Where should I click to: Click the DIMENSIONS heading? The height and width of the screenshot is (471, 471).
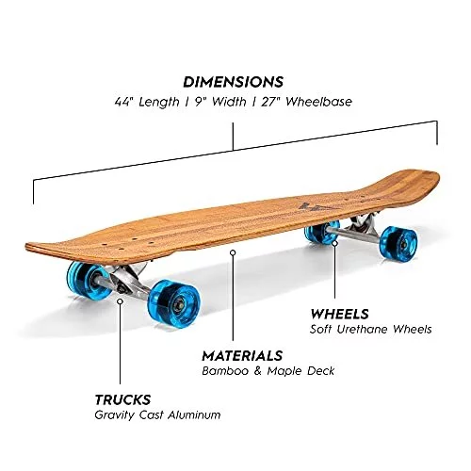tap(233, 82)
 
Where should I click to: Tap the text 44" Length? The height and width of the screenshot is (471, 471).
tap(147, 102)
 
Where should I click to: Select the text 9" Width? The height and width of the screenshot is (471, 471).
tap(220, 102)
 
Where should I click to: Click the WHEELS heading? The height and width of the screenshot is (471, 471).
tap(339, 314)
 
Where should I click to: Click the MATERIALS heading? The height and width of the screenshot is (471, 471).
tap(242, 356)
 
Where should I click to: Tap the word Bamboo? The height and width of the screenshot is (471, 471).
tap(225, 371)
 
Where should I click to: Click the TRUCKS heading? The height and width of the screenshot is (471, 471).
tap(122, 399)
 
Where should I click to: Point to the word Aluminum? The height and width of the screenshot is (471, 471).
tap(194, 414)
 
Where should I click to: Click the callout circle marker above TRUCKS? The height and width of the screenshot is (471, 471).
tap(120, 301)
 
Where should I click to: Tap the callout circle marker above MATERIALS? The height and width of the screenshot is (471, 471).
tap(233, 252)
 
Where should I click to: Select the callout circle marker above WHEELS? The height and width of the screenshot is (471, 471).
tap(335, 243)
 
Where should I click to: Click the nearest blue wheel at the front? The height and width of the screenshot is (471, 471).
tap(173, 303)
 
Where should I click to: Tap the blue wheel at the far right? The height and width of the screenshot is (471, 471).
tap(398, 242)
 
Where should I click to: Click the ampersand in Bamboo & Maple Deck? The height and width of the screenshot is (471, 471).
tap(258, 371)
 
